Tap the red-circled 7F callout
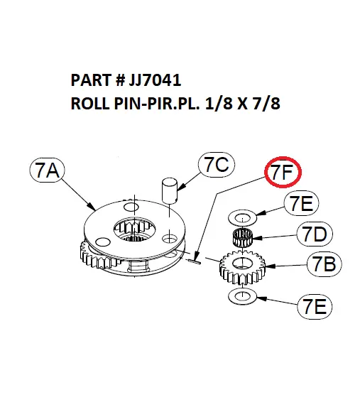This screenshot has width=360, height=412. (x=283, y=173)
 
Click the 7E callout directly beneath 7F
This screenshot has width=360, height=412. (x=302, y=204)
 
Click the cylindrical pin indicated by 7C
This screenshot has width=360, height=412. (x=168, y=190)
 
